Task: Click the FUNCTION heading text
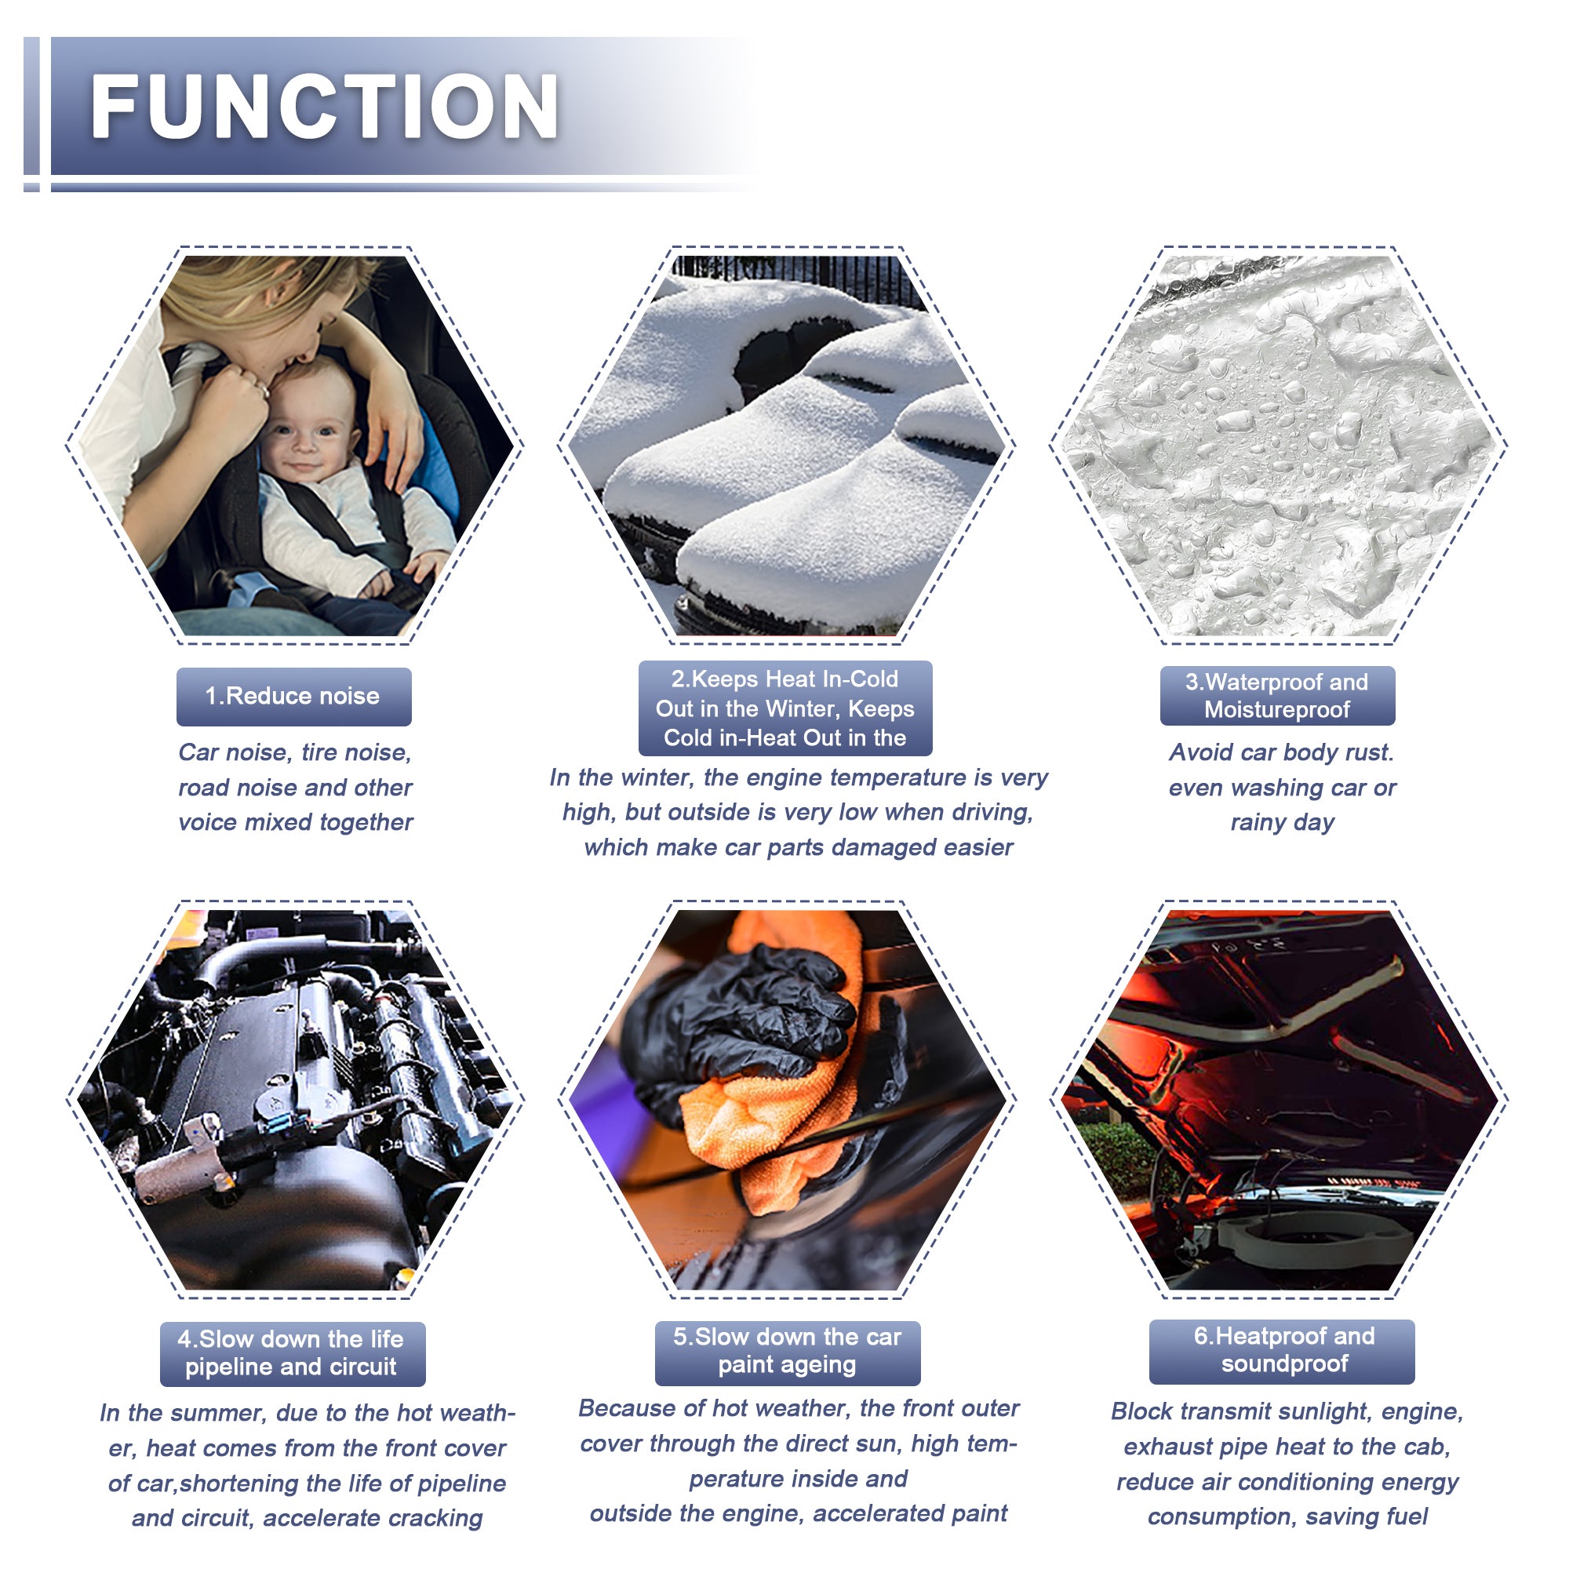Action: coord(324,106)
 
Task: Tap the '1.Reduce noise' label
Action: coord(293,696)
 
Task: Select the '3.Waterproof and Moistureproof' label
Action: coord(1276,695)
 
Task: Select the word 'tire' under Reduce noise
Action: coord(321,753)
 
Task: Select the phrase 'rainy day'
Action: coord(1283,824)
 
